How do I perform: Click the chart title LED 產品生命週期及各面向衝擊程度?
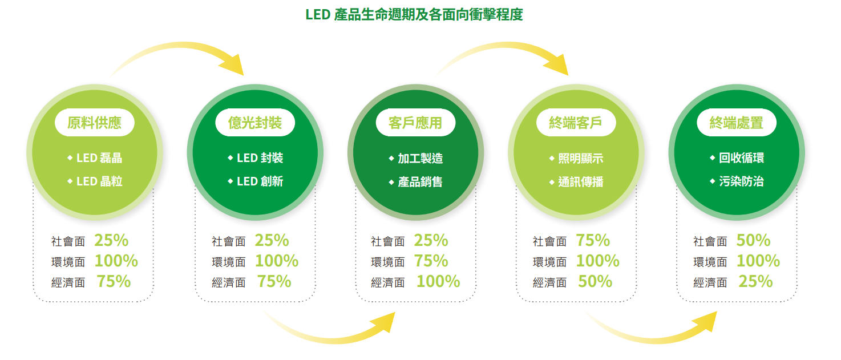pyautogui.click(x=414, y=15)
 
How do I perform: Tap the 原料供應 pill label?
pyautogui.click(x=95, y=123)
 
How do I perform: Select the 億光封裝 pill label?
pyautogui.click(x=255, y=123)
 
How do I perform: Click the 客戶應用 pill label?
pyautogui.click(x=415, y=123)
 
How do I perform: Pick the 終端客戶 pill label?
pyautogui.click(x=576, y=123)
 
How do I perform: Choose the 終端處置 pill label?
pyautogui.click(x=737, y=123)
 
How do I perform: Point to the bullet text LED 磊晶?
pyautogui.click(x=99, y=158)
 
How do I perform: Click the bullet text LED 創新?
pyautogui.click(x=260, y=181)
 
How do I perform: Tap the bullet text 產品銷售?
pyautogui.click(x=420, y=181)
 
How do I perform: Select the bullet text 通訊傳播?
pyautogui.click(x=581, y=181)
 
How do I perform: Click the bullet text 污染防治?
pyautogui.click(x=742, y=181)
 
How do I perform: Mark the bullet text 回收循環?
pyautogui.click(x=742, y=158)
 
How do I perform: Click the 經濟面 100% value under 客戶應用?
pyautogui.click(x=438, y=281)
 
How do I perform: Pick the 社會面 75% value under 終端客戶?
pyautogui.click(x=593, y=241)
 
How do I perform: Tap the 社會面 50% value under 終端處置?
pyautogui.click(x=754, y=241)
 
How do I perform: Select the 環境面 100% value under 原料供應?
pyautogui.click(x=116, y=261)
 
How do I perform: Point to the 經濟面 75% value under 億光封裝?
pyautogui.click(x=274, y=281)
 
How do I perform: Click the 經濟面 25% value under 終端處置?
pyautogui.click(x=756, y=281)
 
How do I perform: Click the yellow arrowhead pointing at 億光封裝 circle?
pyautogui.click(x=233, y=66)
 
